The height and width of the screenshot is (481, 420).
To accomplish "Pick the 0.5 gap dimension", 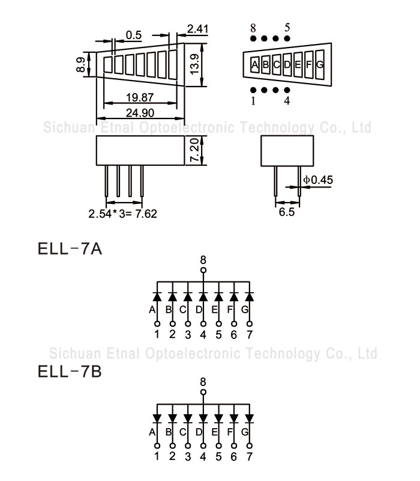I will (134, 35).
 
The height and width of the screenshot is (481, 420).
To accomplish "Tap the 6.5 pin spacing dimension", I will (287, 212).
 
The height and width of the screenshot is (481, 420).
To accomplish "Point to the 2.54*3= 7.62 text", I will (122, 213).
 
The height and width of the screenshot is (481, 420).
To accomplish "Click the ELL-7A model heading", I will (70, 248).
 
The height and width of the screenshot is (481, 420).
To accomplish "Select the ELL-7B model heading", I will (70, 372).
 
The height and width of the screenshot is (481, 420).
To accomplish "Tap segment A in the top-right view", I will (255, 64).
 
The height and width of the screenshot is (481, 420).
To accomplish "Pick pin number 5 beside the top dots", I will (287, 28).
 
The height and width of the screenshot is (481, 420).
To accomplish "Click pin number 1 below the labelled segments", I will (253, 101).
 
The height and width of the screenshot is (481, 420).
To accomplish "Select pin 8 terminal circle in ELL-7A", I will (203, 271).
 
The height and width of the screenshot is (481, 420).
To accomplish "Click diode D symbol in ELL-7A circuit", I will (203, 296).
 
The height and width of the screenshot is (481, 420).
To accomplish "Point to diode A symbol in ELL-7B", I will (157, 417).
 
